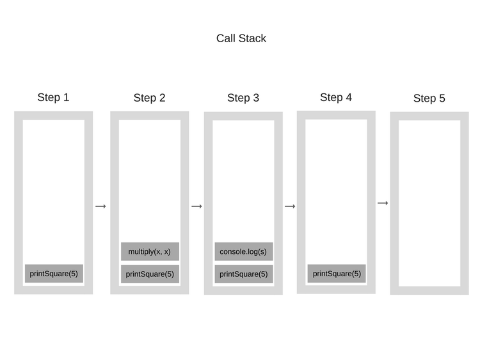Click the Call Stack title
241,38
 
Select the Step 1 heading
53,97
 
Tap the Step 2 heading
149,98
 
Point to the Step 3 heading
243,98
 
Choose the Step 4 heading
336,97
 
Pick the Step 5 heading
429,98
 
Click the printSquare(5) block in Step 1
54,274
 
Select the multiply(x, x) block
149,251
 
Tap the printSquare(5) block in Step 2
150,274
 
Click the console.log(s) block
243,251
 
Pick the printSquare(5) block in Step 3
243,274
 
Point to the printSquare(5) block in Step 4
337,274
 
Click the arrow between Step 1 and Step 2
100,206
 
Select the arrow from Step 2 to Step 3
196,206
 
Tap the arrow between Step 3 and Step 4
290,206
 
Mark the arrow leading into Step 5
383,203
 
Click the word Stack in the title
253,38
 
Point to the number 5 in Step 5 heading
442,98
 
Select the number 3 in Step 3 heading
256,98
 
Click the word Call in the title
226,38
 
